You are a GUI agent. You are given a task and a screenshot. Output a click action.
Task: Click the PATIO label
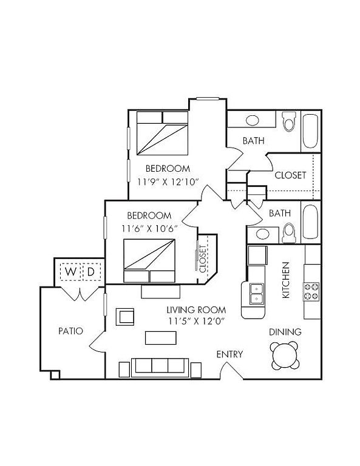pos(70,331)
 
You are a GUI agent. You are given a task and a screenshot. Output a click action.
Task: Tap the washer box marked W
pos(70,272)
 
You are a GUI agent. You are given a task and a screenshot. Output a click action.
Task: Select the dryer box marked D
pos(91,272)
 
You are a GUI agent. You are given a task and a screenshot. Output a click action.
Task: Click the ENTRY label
pos(229,354)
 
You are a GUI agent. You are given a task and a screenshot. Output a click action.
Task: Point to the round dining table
pos(285,356)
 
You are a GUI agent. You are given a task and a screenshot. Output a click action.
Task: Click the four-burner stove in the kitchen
pos(311,291)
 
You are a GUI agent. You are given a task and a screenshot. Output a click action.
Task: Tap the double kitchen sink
pos(257,294)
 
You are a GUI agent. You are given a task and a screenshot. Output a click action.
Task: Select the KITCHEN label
pos(285,280)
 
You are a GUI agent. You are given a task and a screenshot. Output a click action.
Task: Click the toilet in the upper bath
pos(289,121)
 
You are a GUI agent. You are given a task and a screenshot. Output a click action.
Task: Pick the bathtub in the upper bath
pos(311,131)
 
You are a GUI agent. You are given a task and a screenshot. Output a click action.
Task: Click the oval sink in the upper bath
pos(253,120)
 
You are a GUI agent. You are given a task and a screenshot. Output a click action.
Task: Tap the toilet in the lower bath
pos(288,234)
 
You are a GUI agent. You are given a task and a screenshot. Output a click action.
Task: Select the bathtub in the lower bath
pos(311,221)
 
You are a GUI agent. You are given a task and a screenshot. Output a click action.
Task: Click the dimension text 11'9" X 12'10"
pos(168,182)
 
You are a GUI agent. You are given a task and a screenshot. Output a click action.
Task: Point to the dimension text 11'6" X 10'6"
pos(149,229)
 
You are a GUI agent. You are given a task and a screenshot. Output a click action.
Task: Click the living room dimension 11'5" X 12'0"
pos(196,321)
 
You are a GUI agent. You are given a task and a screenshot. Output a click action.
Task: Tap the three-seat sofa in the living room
pos(160,367)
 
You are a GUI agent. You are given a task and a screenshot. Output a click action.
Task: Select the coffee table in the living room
pos(160,338)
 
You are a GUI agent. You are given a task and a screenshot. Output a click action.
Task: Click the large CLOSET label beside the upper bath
pos(290,175)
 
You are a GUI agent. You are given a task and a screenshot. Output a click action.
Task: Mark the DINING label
pos(285,332)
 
